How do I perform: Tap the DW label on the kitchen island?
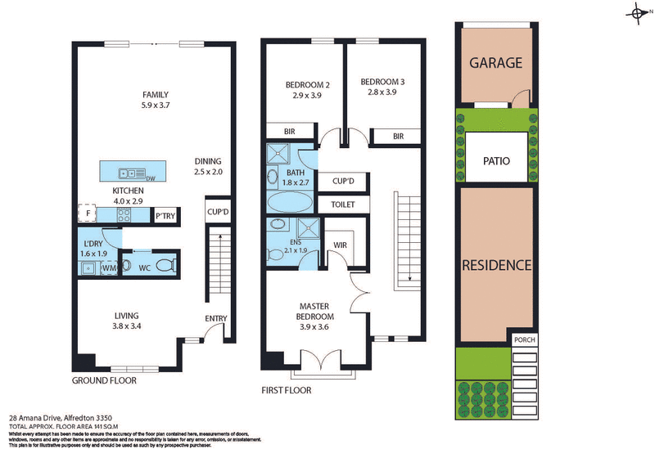[150, 178]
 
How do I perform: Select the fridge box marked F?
[88, 214]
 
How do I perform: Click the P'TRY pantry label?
[165, 216]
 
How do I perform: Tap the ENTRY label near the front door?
[216, 319]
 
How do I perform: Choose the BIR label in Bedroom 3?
[398, 137]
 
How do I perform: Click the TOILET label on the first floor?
[342, 205]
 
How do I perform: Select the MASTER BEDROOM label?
[314, 311]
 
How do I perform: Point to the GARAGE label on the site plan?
[495, 63]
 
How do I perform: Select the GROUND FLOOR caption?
[105, 381]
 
